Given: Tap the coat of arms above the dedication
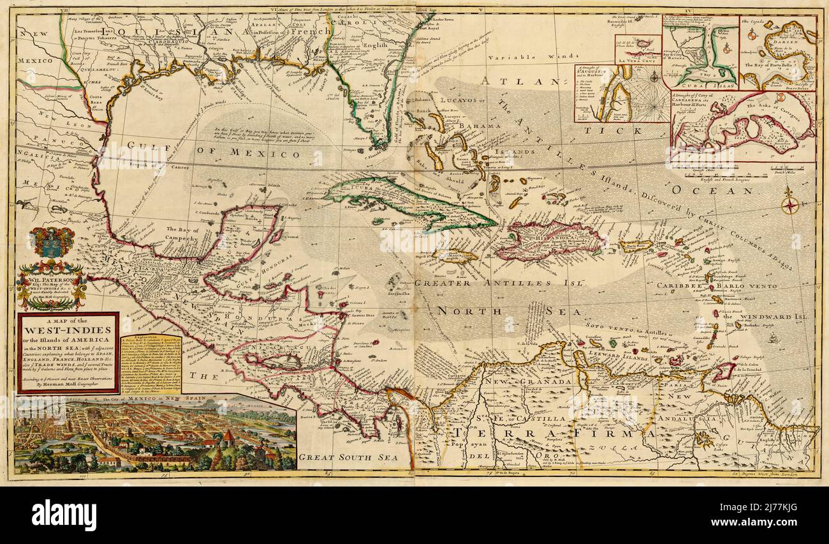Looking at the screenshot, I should tap(51, 243).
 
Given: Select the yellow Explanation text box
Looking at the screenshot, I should tap(152, 363).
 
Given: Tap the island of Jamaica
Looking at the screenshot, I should tap(454, 256).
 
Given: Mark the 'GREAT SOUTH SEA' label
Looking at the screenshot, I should tap(348, 457).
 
